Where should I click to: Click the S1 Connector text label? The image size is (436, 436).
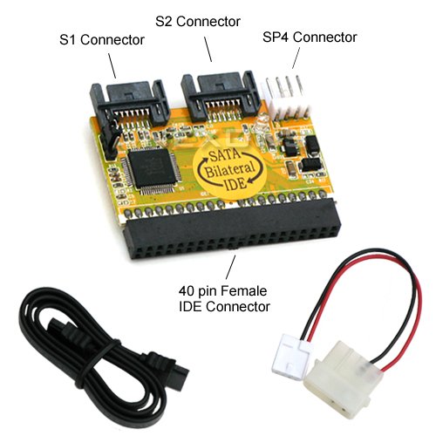pyautogui.click(x=102, y=40)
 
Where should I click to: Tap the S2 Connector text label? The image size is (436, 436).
pyautogui.click(x=198, y=21)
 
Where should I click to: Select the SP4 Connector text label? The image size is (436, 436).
pyautogui.click(x=310, y=37)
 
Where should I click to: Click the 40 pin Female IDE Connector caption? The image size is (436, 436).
pyautogui.click(x=224, y=298)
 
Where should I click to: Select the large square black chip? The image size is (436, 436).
pyautogui.click(x=152, y=167)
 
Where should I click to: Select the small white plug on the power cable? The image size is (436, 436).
pyautogui.click(x=291, y=356)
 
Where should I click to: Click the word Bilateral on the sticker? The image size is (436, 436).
pyautogui.click(x=229, y=170)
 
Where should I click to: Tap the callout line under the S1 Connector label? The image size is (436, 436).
pyautogui.click(x=112, y=65)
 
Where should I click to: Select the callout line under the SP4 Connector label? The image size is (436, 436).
pyautogui.click(x=296, y=58)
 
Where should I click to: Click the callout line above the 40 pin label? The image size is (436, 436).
pyautogui.click(x=230, y=267)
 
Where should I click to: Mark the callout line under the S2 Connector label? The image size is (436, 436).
pyautogui.click(x=208, y=49)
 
